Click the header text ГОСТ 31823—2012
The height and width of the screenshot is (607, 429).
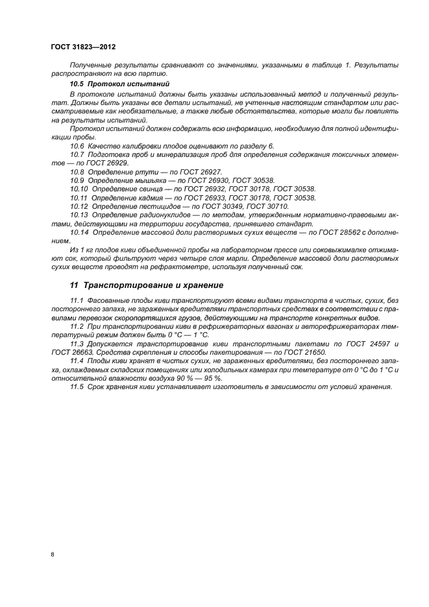pyautogui.click(x=82, y=47)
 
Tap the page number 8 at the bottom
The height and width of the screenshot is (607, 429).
pyautogui.click(x=52, y=554)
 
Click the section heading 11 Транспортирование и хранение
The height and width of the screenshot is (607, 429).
pyautogui.click(x=146, y=285)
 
